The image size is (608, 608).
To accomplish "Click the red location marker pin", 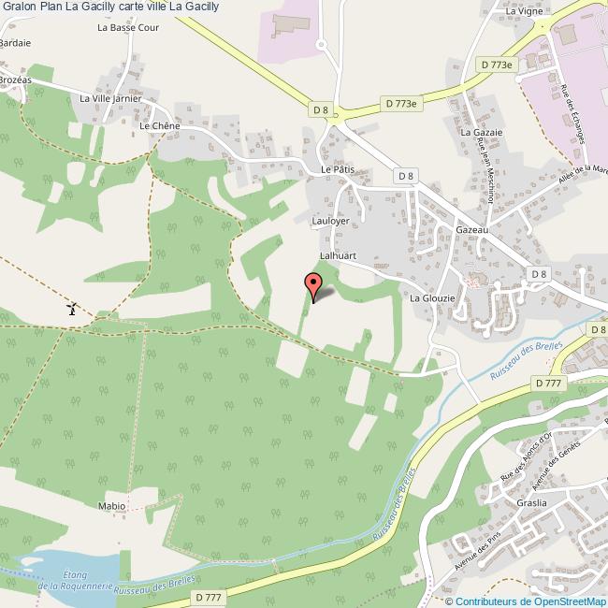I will click(313, 284).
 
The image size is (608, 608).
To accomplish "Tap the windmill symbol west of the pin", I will click(72, 308).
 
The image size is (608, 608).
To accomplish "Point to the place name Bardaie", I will click(15, 43).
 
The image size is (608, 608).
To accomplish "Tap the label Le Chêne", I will click(158, 124).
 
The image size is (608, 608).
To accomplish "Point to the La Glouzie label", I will click(432, 297).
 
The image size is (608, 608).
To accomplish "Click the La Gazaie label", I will click(481, 133).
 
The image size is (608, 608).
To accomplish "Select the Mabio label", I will click(111, 505).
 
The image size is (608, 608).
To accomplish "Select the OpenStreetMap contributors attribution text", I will click(531, 601).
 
